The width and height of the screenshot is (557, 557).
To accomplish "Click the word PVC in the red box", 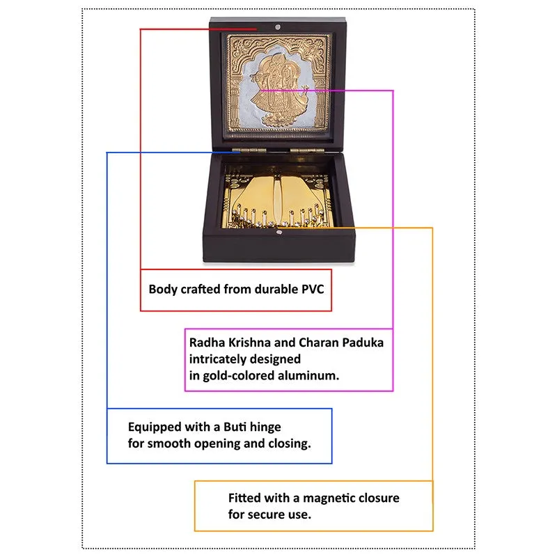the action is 313,289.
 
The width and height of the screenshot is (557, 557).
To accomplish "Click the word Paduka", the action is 363,343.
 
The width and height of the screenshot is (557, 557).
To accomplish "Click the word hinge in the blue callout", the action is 267,427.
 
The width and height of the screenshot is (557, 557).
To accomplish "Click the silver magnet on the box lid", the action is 278,27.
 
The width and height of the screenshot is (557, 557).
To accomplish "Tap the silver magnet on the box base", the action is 279,233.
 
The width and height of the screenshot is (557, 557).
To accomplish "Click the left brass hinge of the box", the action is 249,150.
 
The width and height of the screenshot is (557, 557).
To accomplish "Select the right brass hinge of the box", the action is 307,150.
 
